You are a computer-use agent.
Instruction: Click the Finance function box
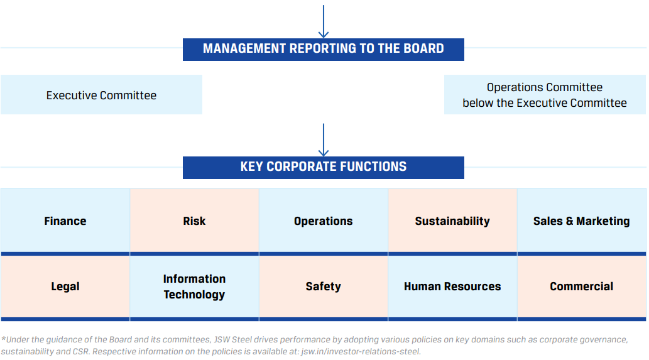65,221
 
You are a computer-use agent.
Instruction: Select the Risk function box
194,221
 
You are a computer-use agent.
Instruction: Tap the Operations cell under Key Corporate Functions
324,221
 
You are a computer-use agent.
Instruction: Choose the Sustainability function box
452,221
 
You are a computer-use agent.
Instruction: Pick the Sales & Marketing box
582,221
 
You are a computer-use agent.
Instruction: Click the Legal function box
65,287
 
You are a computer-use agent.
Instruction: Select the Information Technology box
194,287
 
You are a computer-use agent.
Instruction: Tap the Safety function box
324,287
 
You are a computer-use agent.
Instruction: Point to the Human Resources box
452,287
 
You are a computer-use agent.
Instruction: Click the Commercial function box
582,287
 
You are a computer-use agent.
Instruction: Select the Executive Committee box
101,95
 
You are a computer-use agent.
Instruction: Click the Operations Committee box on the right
545,95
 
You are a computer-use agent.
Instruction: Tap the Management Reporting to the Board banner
324,50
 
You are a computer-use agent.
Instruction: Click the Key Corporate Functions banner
324,168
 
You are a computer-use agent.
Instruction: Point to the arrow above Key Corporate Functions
324,140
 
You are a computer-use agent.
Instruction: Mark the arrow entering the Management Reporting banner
324,21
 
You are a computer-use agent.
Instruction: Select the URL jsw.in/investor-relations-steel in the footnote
361,352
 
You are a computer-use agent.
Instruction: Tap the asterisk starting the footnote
3,339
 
